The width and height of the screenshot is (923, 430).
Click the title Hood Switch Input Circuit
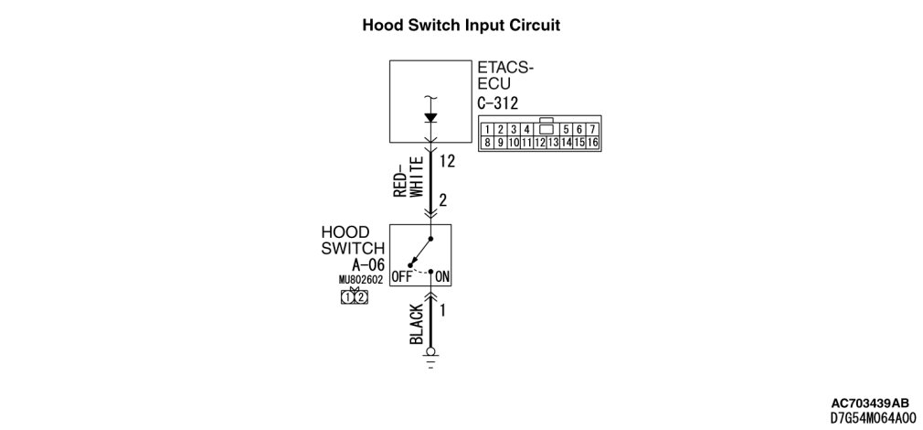[x=461, y=25]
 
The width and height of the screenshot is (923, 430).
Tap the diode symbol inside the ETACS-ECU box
[x=431, y=118]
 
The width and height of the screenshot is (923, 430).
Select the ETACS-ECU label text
[x=505, y=75]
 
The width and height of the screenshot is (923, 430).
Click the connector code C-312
[x=498, y=102]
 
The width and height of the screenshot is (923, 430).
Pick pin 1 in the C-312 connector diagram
[x=489, y=129]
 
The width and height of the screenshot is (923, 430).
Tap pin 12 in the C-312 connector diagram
[x=540, y=142]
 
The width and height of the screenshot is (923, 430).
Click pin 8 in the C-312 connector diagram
[x=489, y=142]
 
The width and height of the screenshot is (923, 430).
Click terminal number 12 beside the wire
[x=447, y=162]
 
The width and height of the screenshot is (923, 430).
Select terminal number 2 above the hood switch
[x=442, y=199]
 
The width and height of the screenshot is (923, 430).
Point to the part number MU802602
[x=360, y=280]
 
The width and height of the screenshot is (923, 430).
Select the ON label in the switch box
[x=442, y=275]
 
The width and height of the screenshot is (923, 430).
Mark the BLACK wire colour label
[x=416, y=323]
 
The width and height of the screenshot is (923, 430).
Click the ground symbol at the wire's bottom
[x=431, y=357]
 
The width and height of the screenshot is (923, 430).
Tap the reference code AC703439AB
[x=870, y=403]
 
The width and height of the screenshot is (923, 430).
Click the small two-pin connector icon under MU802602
[x=354, y=296]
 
